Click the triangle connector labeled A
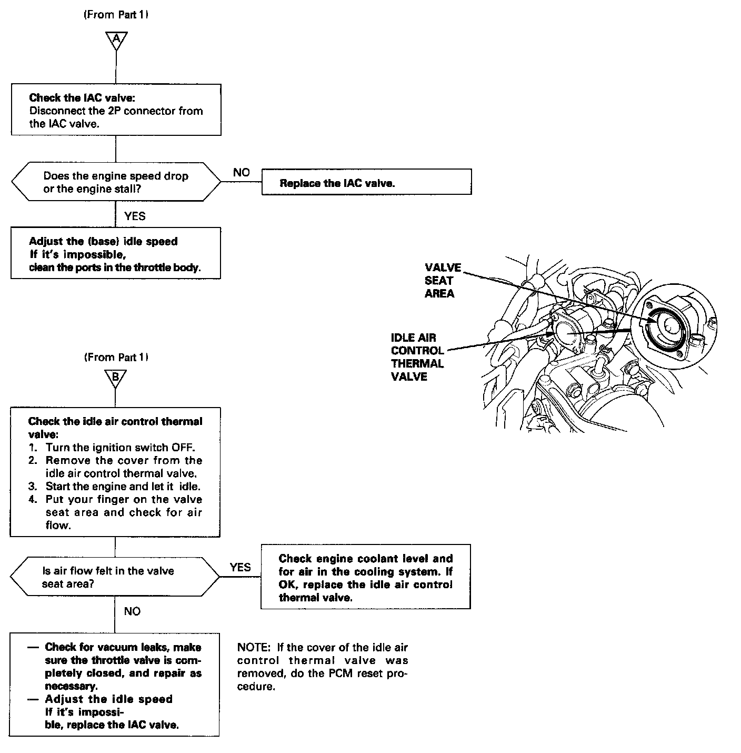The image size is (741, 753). [116, 39]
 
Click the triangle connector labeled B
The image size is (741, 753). [116, 378]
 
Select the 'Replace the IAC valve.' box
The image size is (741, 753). [366, 182]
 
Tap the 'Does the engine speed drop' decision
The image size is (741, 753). [116, 182]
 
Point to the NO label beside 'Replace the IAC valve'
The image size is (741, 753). [242, 172]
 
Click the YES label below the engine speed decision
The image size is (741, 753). [135, 216]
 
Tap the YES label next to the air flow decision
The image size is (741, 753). [241, 567]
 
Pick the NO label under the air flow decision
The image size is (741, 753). [132, 611]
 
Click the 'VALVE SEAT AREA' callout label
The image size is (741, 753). [443, 280]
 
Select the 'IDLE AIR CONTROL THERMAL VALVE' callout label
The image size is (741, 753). [417, 357]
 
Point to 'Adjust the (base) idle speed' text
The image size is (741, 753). [103, 242]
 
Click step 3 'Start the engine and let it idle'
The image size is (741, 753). [123, 486]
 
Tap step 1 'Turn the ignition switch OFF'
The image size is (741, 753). [120, 448]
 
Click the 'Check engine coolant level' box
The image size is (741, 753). [365, 577]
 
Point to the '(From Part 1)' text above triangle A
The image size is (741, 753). [116, 15]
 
